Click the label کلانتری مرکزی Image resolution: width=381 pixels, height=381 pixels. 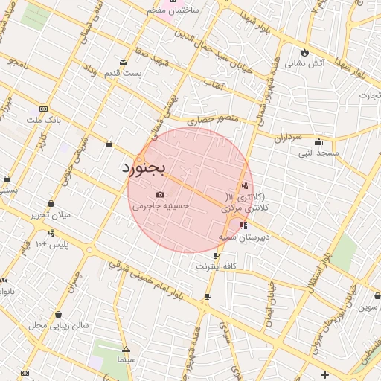(243, 210)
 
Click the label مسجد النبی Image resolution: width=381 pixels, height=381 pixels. (319, 153)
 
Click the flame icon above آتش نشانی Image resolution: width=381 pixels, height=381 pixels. (304, 51)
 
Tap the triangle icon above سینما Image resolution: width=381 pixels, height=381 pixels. (126, 348)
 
